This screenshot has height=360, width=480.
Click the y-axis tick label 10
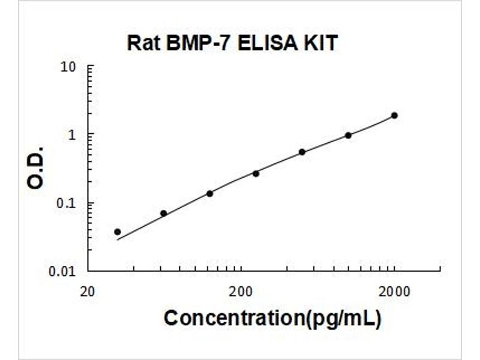[69, 66]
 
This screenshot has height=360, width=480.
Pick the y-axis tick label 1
[73, 134]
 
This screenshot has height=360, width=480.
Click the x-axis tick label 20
[88, 292]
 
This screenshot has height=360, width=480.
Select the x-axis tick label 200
[241, 292]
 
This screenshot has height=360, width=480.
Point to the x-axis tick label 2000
[394, 292]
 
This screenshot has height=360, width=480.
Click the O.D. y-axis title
[36, 167]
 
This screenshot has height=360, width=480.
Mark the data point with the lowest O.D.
[118, 232]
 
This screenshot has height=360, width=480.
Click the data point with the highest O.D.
[394, 115]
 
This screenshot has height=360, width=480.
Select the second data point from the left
[163, 213]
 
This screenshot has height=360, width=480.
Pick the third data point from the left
[209, 193]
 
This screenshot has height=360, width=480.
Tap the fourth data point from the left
[256, 173]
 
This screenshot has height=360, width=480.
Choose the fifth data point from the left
[302, 152]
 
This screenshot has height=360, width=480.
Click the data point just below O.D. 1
[348, 135]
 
